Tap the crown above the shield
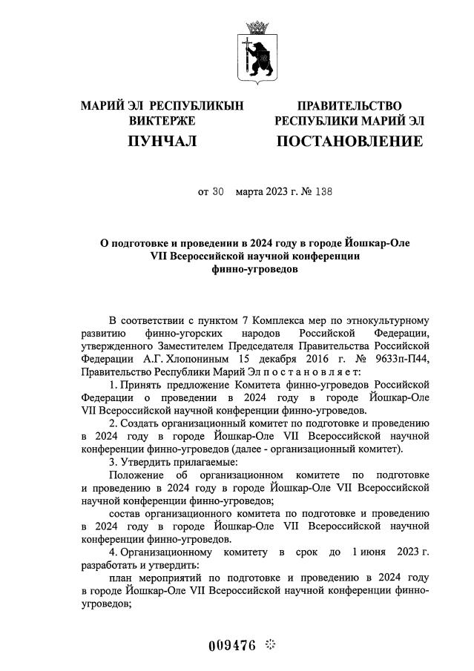[257, 27]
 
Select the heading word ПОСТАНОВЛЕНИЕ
[349, 141]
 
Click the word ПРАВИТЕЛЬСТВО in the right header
[349, 106]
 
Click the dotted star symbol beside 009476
[269, 644]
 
